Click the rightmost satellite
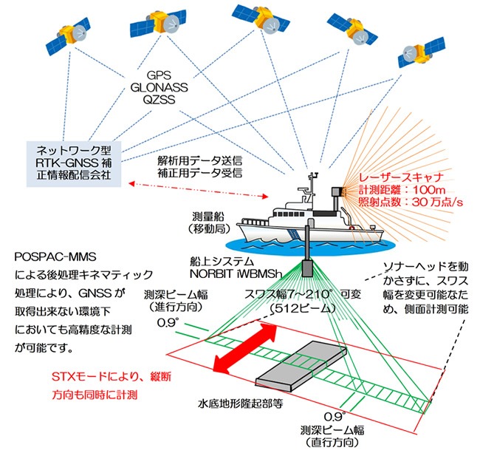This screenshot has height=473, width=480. (418, 54)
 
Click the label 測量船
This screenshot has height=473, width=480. (210, 218)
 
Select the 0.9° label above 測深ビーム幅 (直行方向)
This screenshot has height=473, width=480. (334, 416)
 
